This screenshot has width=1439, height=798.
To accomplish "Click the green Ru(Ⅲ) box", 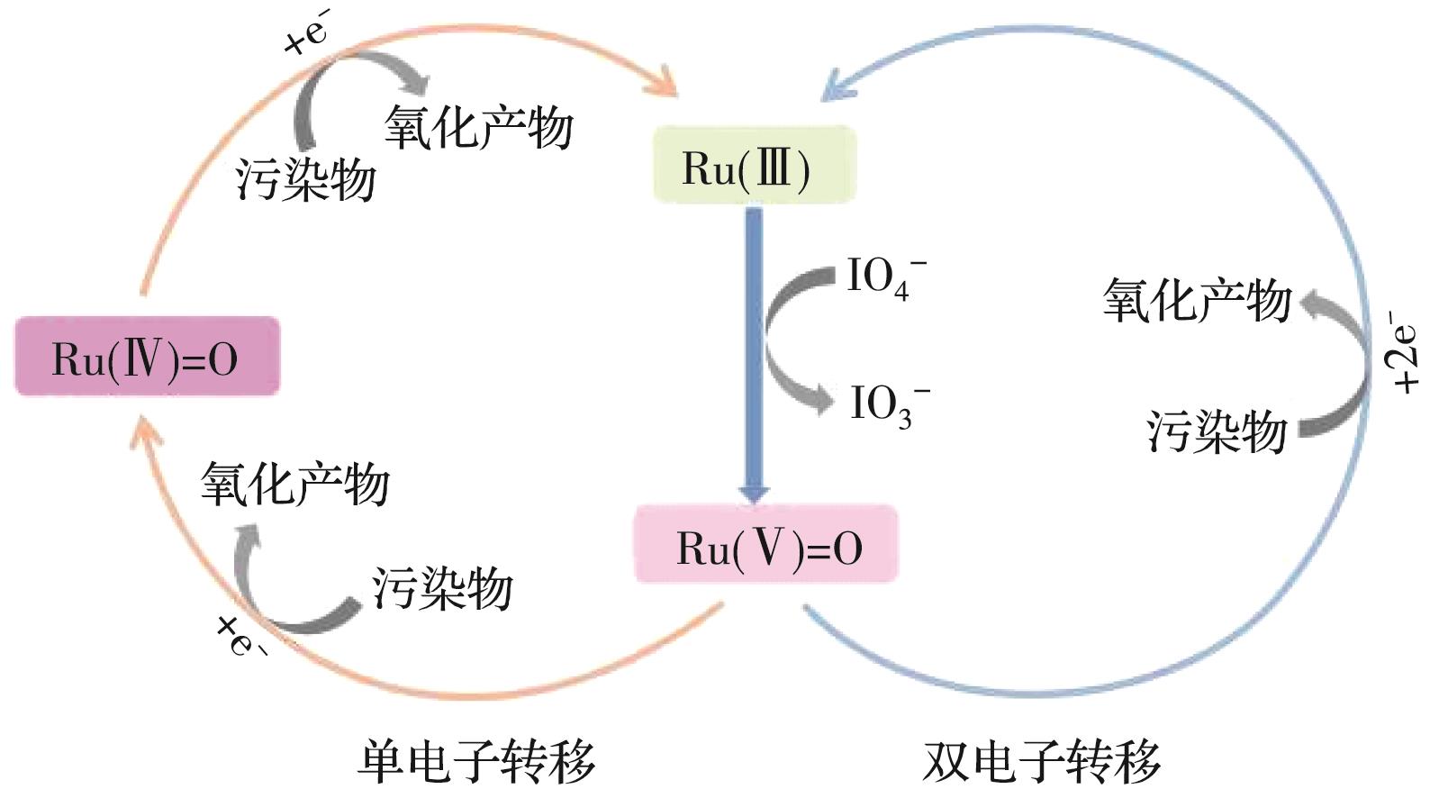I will [x=753, y=166].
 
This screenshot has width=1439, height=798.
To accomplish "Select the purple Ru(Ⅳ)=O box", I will [x=147, y=357].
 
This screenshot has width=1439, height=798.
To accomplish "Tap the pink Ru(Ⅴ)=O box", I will [x=766, y=545].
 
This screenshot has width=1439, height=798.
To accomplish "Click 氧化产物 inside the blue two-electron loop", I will [x=1197, y=300].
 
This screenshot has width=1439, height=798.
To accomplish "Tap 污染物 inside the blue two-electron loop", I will [x=1217, y=431].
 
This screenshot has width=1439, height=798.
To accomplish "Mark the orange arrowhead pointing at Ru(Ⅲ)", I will [x=665, y=83].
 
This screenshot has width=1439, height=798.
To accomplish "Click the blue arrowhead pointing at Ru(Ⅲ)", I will [x=833, y=87].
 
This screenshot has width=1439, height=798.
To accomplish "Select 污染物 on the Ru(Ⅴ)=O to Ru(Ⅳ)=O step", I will [x=442, y=588].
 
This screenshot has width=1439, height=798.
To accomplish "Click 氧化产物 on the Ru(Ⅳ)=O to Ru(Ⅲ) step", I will [x=478, y=127].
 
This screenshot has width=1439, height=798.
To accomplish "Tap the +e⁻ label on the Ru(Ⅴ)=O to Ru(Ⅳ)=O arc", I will [x=240, y=634].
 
